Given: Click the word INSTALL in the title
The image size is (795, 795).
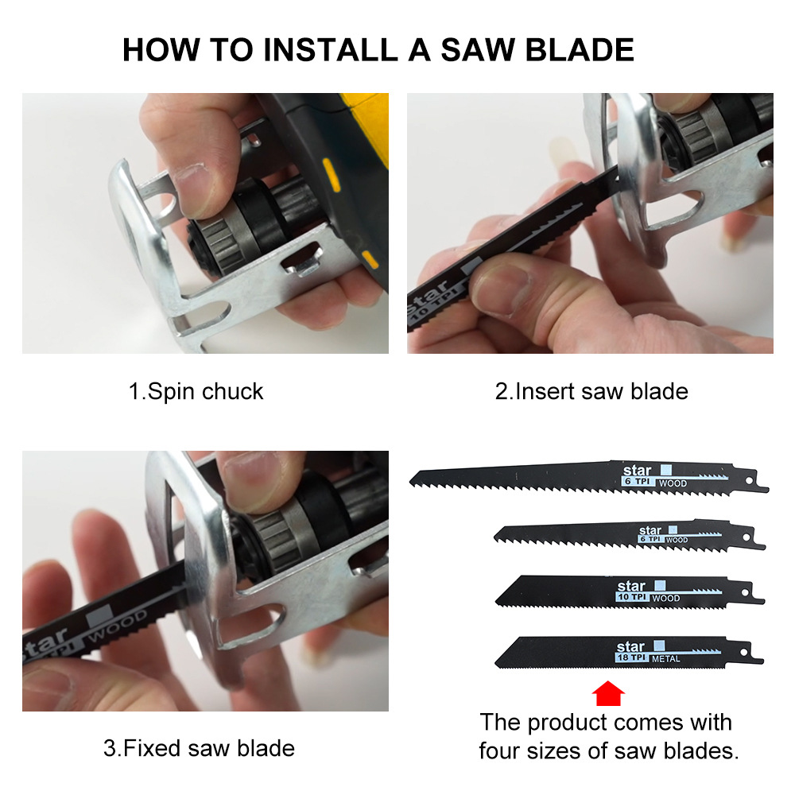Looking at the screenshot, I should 329,49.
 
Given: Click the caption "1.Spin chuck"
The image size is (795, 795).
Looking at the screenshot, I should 196,392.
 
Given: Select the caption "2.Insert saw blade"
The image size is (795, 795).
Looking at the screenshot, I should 591,392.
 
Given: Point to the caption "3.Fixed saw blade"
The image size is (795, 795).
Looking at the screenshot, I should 199,748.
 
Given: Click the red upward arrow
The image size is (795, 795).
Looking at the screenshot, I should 608,693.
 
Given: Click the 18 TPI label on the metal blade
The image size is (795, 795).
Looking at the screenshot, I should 632,658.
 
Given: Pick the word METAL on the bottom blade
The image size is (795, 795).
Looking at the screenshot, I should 666,659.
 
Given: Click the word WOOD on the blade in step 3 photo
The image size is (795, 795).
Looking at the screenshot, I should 118,626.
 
